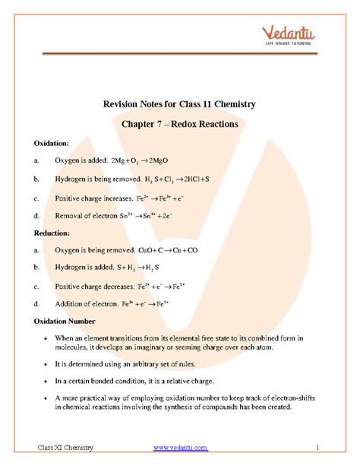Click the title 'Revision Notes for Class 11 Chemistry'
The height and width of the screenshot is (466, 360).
pos(179,103)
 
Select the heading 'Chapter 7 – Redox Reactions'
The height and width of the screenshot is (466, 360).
pos(179,123)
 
